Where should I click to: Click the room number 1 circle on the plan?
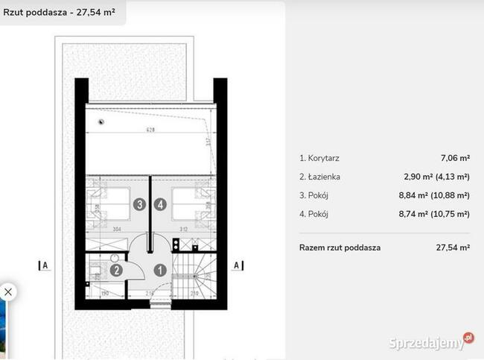(x=159, y=271)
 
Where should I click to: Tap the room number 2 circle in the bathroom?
(x=117, y=271)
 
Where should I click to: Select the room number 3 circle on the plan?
(x=139, y=203)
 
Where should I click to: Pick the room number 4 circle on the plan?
(x=160, y=203)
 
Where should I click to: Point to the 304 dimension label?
(x=116, y=230)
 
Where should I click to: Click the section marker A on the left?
(x=45, y=265)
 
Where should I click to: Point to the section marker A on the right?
(x=236, y=265)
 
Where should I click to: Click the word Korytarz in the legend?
(x=322, y=158)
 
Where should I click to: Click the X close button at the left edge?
(x=7, y=291)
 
